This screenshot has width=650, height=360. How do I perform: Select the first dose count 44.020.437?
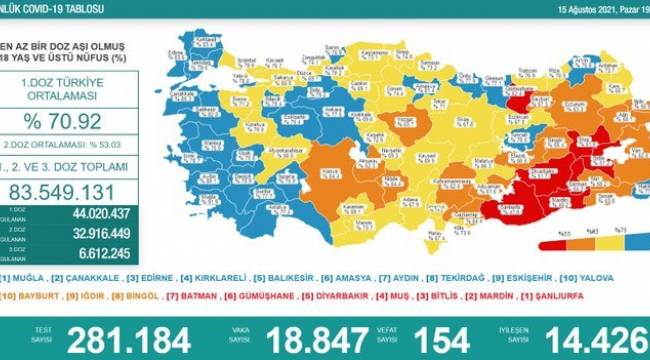[x=84, y=213]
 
